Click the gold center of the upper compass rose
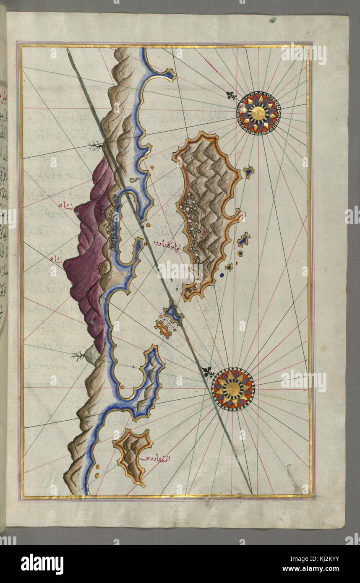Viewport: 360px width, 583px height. point(258,112)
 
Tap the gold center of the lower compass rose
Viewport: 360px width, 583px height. point(234,389)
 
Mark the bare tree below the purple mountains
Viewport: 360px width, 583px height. point(78,357)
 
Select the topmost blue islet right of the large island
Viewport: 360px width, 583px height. point(249,172)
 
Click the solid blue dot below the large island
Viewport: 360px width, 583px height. point(222,275)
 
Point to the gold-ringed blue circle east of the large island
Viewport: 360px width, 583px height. point(240,253)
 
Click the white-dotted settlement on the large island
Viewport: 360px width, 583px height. point(192,226)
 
